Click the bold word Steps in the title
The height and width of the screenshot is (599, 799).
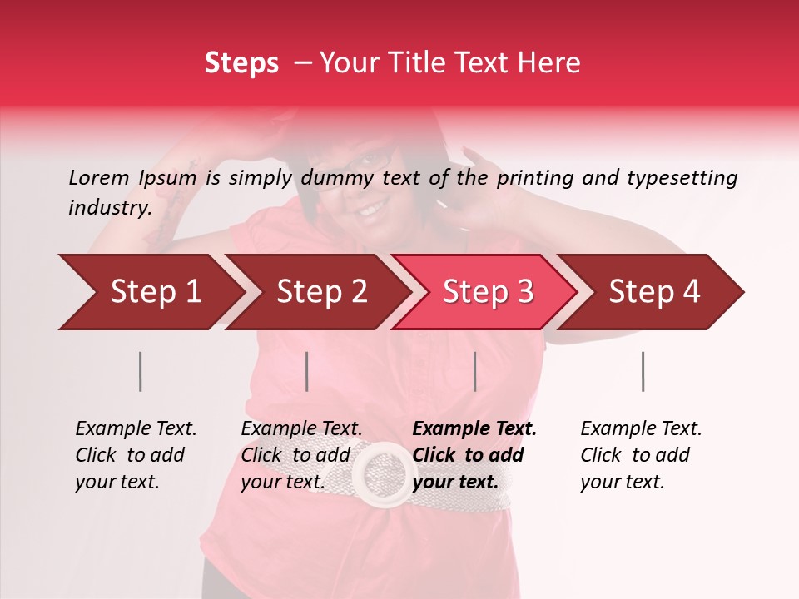coord(241,63)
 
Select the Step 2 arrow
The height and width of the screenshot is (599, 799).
coord(320,292)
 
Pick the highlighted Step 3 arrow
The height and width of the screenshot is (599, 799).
coord(487,292)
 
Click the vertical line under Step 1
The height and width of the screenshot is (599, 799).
coord(141,371)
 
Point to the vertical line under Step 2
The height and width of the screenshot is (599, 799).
coord(307,371)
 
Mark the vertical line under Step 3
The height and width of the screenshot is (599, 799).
coord(474,371)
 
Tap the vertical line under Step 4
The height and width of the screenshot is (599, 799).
coord(643,371)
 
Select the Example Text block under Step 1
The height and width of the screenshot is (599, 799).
coord(135,455)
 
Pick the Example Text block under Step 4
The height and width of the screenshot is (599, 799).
coord(640,455)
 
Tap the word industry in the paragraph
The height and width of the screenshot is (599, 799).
coord(109,208)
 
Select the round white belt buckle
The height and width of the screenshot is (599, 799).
coord(385,473)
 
